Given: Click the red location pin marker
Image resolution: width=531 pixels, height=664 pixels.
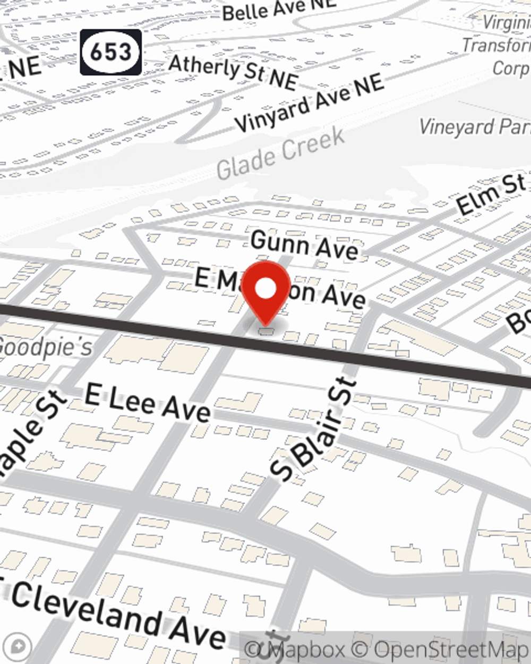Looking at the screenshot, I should click(266, 292).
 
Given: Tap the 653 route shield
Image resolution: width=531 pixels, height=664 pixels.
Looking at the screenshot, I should click(111, 52).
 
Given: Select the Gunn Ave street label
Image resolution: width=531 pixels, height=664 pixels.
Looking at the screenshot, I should click(304, 246).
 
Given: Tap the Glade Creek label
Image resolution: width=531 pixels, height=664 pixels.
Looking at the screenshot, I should click(281, 154).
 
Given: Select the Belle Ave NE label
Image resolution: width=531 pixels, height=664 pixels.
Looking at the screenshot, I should click(279, 9).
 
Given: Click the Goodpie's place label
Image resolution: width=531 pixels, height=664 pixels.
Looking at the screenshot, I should click(46, 346).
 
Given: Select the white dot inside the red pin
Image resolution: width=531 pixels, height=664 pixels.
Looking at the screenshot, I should click(266, 289).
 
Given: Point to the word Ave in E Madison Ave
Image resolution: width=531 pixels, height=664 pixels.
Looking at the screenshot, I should click(344, 296).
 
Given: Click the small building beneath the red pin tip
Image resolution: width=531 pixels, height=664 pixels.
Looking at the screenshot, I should click(267, 331).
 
